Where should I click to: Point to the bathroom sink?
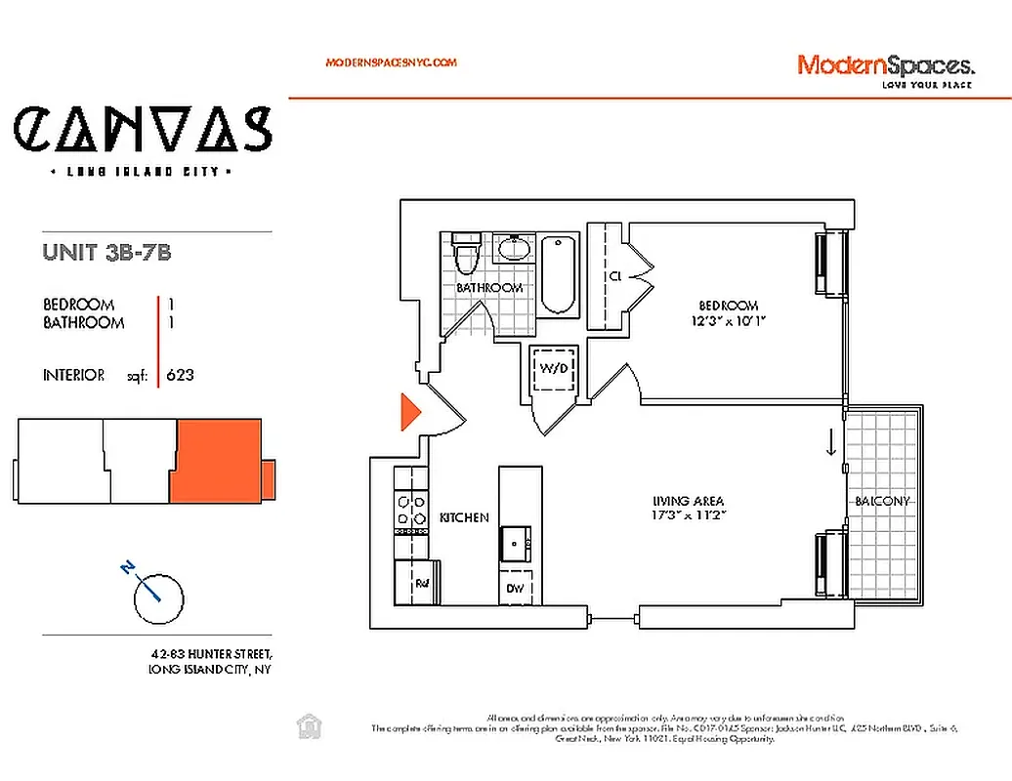point(513,249)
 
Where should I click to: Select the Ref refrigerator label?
point(422,584)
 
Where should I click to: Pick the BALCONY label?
point(882,501)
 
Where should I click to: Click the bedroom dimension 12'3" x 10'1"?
point(729,320)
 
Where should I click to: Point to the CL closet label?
point(615,276)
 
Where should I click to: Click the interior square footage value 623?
point(180,375)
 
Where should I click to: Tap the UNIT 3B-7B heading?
point(107,252)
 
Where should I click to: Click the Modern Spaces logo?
point(885,67)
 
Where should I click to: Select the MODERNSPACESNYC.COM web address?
point(391,62)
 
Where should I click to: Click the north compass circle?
point(158,597)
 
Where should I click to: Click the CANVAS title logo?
point(143,130)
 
